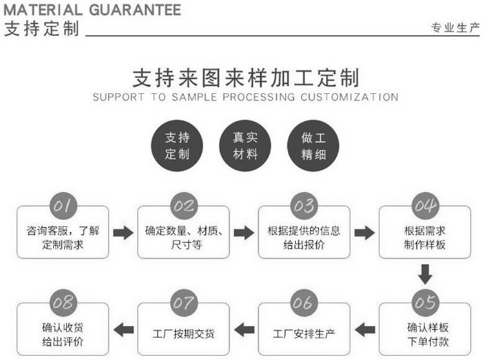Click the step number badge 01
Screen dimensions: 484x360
click(x=63, y=206)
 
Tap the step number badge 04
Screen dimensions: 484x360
click(x=425, y=206)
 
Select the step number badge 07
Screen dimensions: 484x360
click(x=184, y=303)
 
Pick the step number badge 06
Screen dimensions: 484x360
click(x=304, y=303)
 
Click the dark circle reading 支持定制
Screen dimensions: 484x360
click(x=177, y=146)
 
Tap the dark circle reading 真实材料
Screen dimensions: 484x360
click(x=245, y=146)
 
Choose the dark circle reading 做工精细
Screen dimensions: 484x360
click(x=313, y=146)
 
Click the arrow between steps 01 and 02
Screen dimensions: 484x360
click(x=123, y=233)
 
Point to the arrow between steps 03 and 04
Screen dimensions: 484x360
click(x=365, y=233)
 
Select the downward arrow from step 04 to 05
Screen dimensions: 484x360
click(x=425, y=274)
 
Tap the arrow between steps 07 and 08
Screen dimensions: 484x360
click(x=123, y=330)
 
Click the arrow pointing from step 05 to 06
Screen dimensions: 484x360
click(x=365, y=330)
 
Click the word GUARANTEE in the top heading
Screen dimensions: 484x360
click(x=136, y=10)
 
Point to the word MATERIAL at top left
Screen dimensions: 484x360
click(x=43, y=10)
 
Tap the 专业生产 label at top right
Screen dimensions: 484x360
click(x=456, y=28)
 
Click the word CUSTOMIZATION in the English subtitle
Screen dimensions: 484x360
click(x=349, y=97)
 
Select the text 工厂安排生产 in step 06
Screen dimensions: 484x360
click(x=304, y=334)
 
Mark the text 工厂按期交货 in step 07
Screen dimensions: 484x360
click(x=184, y=334)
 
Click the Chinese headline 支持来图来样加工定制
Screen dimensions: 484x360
click(x=246, y=77)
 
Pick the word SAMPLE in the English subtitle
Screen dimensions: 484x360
click(x=194, y=97)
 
